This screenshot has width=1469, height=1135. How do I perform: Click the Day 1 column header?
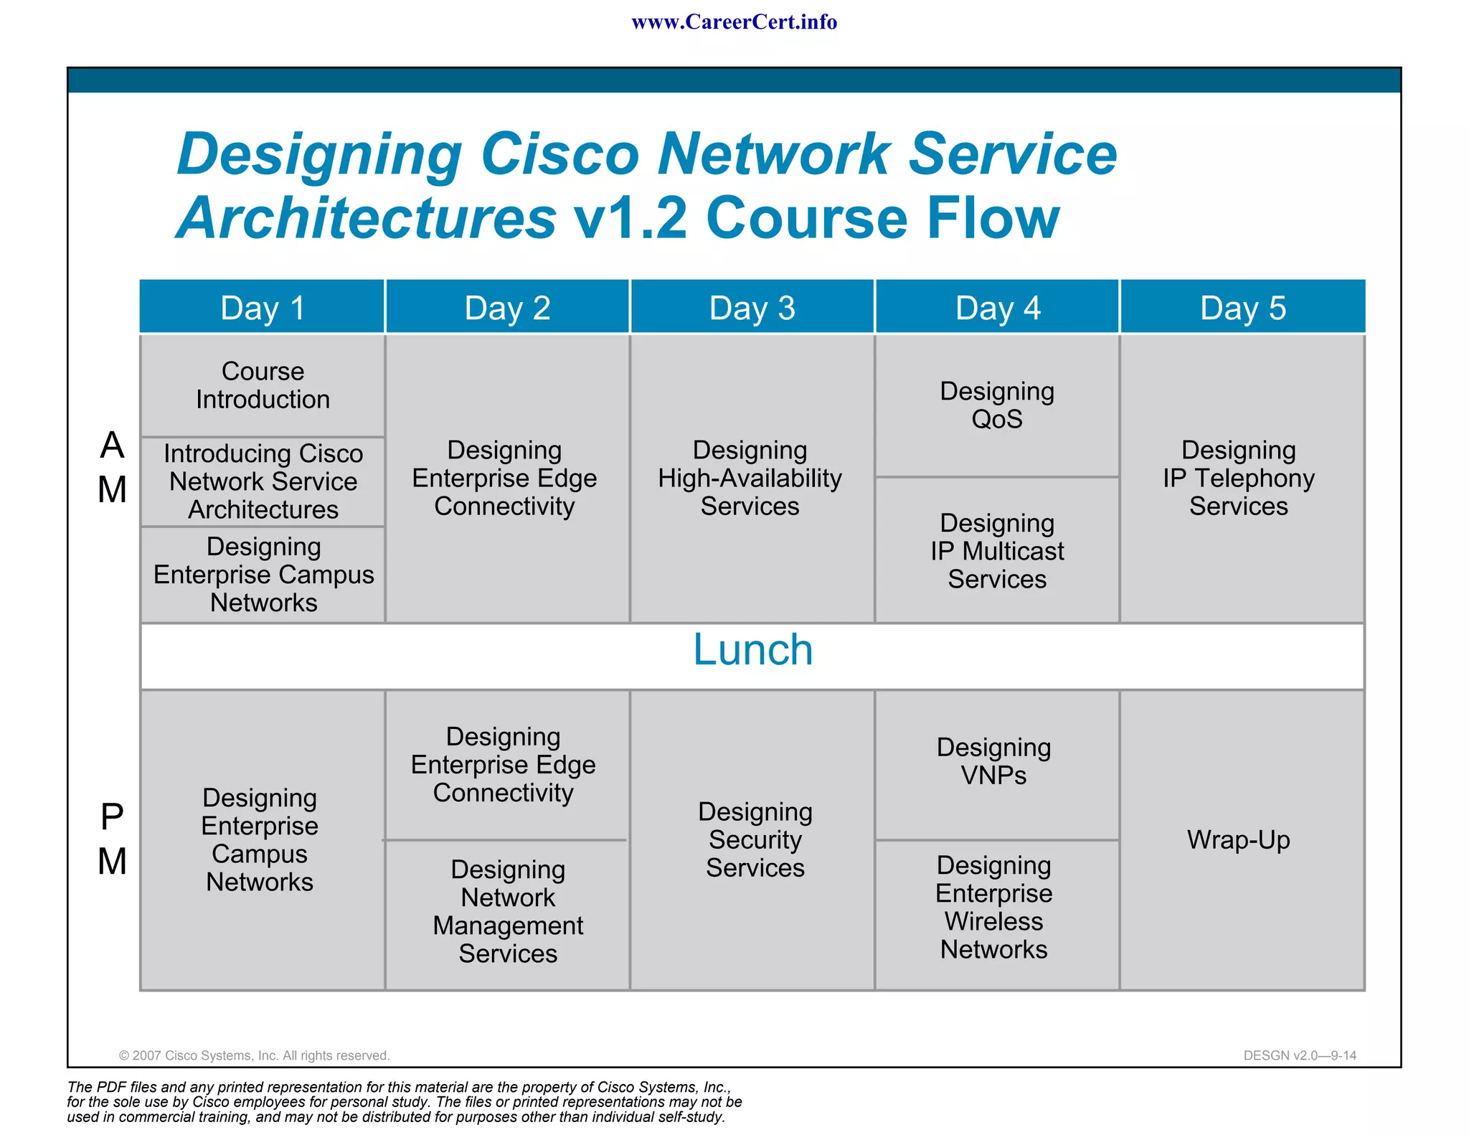263,308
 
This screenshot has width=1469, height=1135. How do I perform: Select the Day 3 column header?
752,308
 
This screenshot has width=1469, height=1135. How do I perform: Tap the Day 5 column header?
1242,308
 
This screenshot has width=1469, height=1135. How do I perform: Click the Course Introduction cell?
263,386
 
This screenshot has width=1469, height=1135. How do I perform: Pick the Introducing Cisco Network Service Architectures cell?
263,481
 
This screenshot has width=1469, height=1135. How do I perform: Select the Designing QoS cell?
997,405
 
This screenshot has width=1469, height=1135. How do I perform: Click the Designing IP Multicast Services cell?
997,551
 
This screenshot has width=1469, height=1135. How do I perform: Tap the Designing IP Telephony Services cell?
1239,479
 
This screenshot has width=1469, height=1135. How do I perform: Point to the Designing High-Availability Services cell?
750,479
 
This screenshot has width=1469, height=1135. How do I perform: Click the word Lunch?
752,650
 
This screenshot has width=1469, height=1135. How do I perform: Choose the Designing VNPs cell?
994,761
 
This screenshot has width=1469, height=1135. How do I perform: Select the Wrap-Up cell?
1239,839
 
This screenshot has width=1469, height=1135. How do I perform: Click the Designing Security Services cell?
755,839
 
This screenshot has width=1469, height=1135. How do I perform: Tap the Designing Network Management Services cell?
508,912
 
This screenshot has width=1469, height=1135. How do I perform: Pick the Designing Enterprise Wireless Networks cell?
994,908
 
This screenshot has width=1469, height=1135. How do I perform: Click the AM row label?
113,467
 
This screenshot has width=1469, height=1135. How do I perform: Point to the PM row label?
113,839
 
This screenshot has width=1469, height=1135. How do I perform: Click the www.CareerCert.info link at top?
734,22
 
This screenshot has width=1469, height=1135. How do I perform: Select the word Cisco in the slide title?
559,154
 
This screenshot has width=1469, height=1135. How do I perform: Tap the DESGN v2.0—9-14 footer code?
1300,1055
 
